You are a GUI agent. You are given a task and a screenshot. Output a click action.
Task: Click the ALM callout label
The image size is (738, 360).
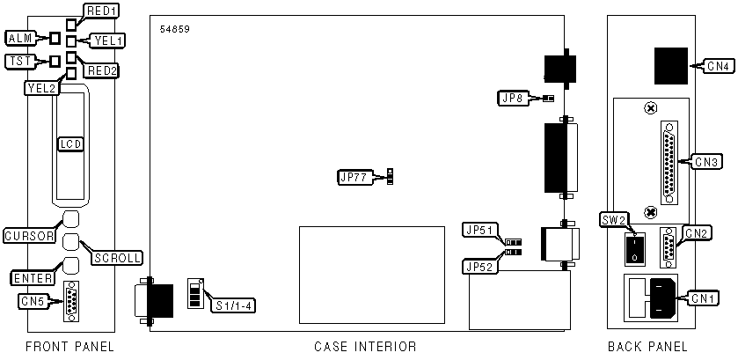[20, 38]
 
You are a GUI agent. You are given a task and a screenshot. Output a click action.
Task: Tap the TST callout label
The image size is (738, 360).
[19, 61]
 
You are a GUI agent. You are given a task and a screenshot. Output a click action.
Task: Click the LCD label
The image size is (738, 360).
[70, 143]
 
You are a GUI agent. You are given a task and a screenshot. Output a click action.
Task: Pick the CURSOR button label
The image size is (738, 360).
[29, 235]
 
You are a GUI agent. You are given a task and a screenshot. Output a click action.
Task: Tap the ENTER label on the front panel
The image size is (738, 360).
[30, 278]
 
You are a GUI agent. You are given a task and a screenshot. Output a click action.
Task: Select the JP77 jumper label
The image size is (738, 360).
[355, 177]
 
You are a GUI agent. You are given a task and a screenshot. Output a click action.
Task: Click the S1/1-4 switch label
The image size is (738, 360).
[234, 305]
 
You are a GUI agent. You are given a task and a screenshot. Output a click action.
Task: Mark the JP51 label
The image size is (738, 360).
[481, 231]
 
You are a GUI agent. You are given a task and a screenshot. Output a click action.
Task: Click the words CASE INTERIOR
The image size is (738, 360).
[365, 346]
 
